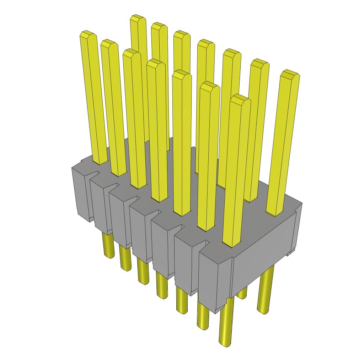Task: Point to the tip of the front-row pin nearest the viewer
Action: click(x=240, y=100)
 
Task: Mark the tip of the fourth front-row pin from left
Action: click(x=156, y=63)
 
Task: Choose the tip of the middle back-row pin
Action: click(x=206, y=44)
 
